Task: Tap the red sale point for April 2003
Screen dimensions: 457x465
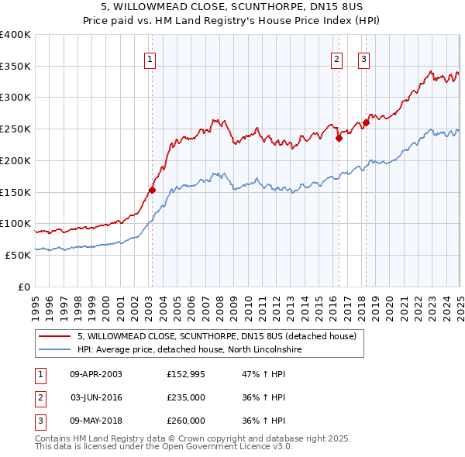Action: (152, 189)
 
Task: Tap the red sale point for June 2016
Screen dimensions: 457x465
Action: (339, 138)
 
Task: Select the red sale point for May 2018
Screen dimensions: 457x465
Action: (366, 122)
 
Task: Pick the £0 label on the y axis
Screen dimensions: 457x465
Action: (23, 287)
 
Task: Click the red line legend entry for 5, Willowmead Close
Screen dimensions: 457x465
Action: (216, 336)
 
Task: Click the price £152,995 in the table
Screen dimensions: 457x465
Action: (186, 374)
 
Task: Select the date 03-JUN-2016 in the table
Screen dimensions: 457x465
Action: (96, 397)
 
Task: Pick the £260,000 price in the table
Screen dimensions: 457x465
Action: (186, 421)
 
